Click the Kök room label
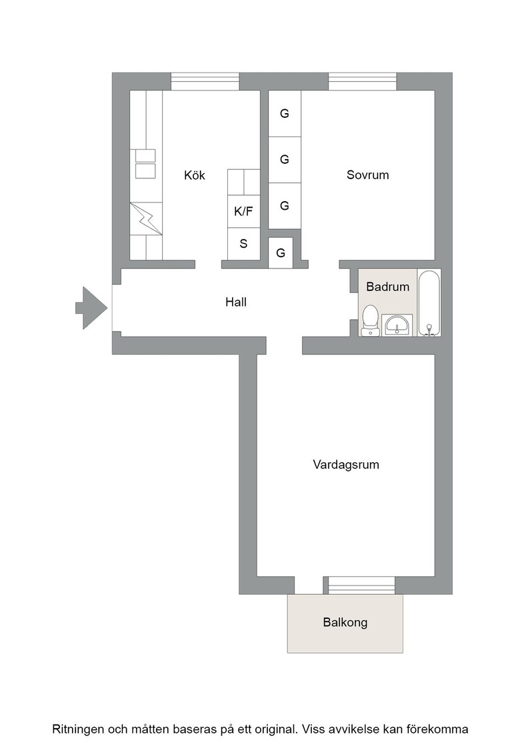pos(194,175)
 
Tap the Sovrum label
pos(367,175)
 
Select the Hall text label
pos(236,302)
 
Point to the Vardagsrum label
pos(346,464)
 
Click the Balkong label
pos(345,622)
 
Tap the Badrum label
pos(387,286)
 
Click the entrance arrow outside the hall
pos(91,308)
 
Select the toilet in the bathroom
pos(370,320)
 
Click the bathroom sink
pos(397,326)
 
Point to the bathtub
pos(429,303)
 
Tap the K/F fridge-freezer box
pos(243,211)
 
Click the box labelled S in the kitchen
pos(243,244)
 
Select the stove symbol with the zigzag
pos(146,218)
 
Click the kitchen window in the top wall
pos(205,81)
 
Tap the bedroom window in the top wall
pos(362,81)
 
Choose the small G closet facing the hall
pos(281,252)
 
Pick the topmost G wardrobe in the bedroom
pos(285,114)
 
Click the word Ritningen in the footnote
pos(78,729)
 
